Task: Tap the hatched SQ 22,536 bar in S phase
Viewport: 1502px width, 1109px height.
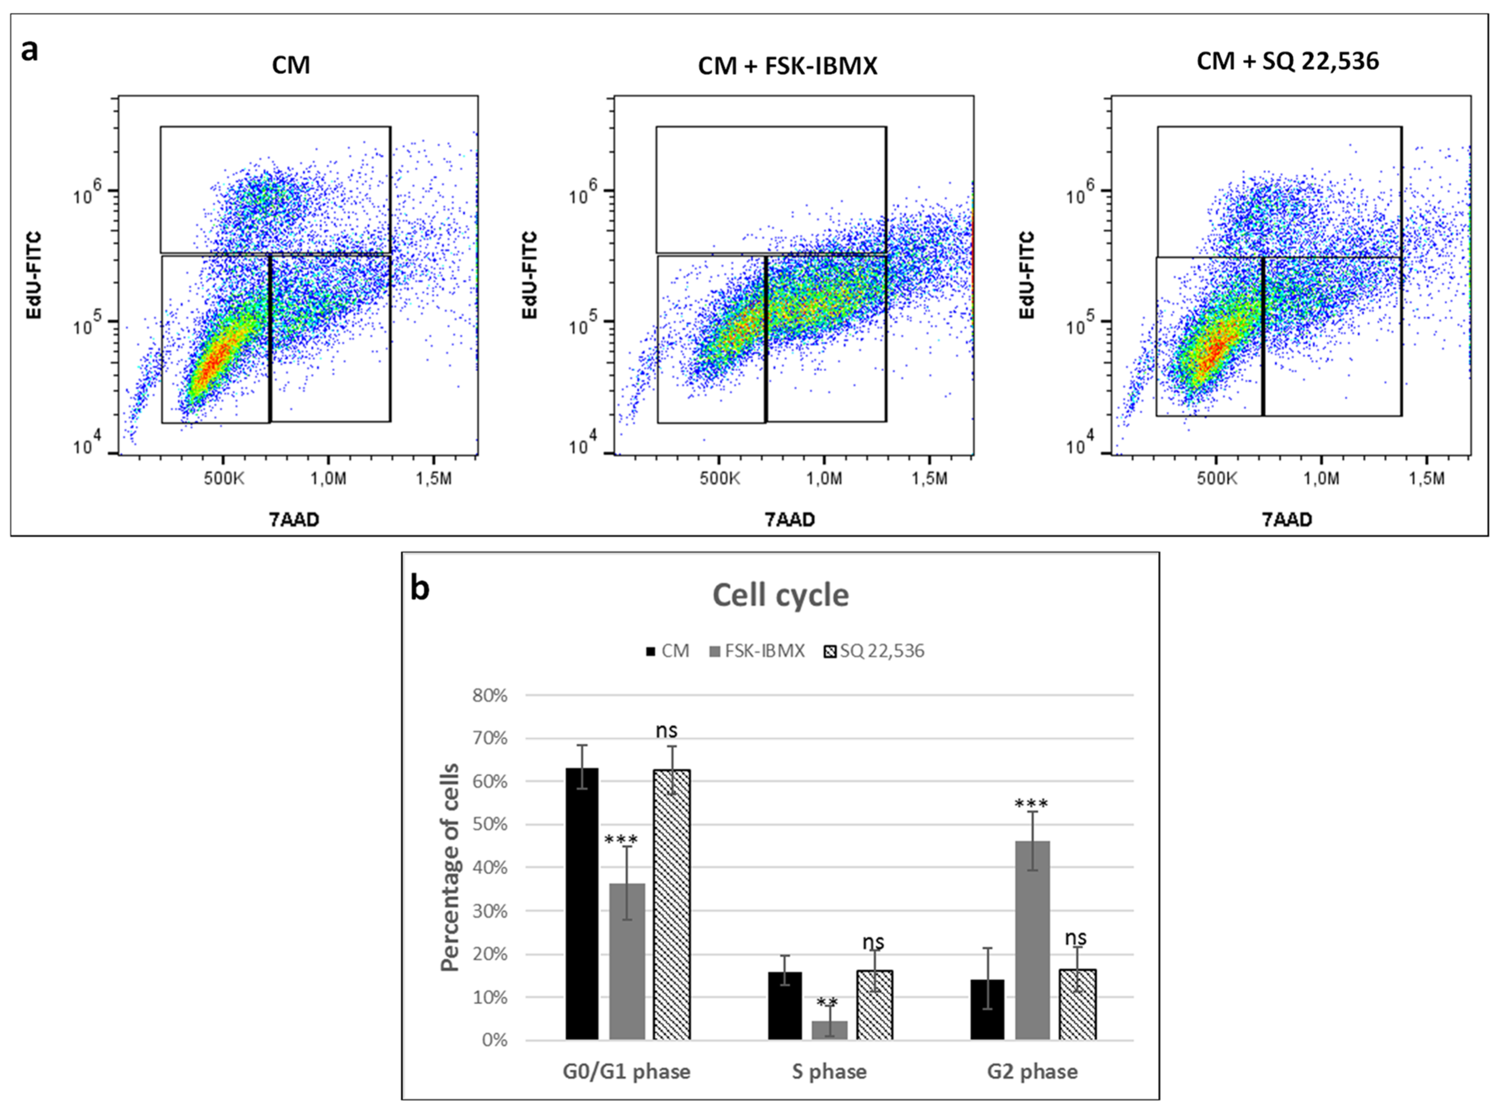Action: click(x=874, y=1005)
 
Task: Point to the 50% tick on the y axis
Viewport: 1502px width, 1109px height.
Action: click(x=490, y=824)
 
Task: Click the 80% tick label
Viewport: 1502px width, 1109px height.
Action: click(x=490, y=695)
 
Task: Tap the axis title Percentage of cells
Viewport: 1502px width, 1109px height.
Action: click(x=450, y=867)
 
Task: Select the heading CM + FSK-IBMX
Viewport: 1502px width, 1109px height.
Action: click(x=787, y=66)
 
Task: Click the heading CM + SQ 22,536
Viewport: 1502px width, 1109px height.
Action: click(x=1287, y=61)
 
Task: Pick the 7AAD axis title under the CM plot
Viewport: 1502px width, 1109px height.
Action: click(x=295, y=519)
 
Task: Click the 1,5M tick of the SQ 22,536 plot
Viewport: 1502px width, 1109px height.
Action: click(x=1426, y=479)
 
